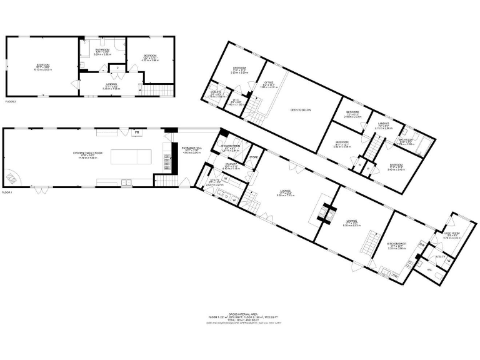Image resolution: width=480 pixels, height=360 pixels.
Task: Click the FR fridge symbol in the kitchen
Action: (x=136, y=132)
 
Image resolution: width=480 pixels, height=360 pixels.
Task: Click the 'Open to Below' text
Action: (x=301, y=109)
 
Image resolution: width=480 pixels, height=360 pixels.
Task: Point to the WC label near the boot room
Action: (x=429, y=270)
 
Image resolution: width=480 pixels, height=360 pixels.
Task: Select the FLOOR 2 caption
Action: (x=12, y=101)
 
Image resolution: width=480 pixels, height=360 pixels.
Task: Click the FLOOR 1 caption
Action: (x=7, y=192)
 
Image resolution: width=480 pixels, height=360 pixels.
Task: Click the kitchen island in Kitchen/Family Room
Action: (x=131, y=156)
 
